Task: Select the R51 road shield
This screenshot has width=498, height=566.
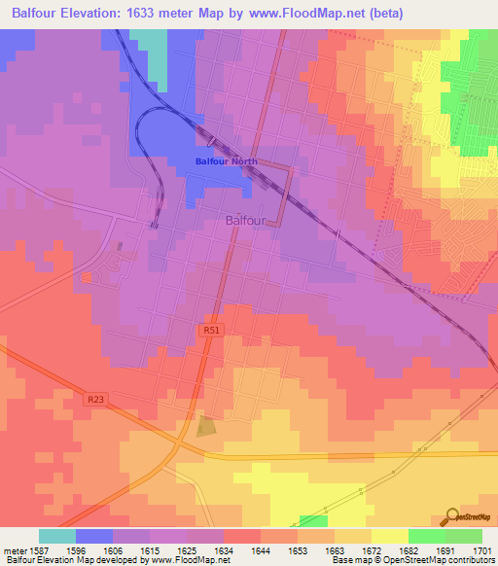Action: (x=211, y=331)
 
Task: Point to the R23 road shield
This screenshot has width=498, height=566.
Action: (x=94, y=398)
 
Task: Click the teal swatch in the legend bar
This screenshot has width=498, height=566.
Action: (x=57, y=536)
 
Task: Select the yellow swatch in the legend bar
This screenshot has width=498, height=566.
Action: (x=389, y=536)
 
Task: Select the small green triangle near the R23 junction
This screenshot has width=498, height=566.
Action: (x=205, y=426)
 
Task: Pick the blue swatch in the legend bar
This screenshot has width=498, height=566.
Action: (x=94, y=536)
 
